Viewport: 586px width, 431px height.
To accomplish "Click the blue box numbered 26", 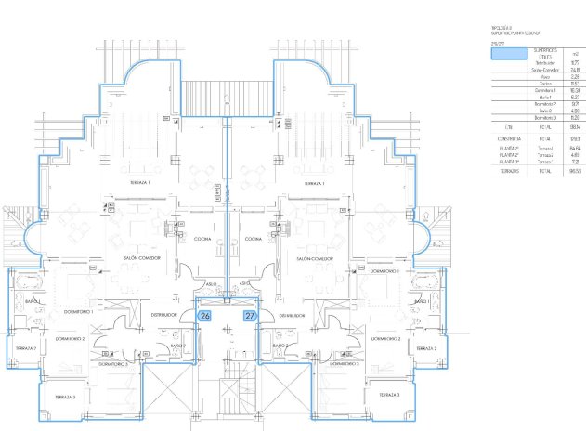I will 203,316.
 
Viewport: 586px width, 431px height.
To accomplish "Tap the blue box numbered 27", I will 250,316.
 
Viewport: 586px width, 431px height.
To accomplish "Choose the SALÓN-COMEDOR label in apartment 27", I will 315,258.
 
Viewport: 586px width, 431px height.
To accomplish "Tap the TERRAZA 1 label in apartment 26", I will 141,184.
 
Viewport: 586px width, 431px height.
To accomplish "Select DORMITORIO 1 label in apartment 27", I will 383,271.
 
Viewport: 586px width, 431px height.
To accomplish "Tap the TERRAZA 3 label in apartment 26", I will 64,397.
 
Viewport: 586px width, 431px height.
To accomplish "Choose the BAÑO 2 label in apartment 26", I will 176,346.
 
